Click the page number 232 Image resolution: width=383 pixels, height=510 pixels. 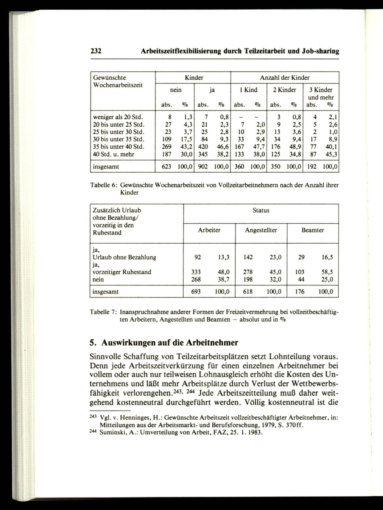tap(95, 51)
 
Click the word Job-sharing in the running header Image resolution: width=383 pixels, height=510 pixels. tap(320, 51)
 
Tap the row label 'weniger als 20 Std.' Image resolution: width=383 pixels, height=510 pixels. tap(118, 116)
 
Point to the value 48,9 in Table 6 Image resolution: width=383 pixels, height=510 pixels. tap(295, 147)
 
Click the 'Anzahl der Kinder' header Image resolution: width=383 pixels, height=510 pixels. tap(285, 78)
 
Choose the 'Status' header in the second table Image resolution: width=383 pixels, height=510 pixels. tap(261, 210)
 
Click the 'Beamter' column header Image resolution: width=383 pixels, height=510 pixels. tap(313, 230)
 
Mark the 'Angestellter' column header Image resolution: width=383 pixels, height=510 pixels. tap(261, 230)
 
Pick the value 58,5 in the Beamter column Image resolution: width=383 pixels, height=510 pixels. tap(327, 272)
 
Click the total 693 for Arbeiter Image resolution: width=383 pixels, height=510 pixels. tap(196, 292)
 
